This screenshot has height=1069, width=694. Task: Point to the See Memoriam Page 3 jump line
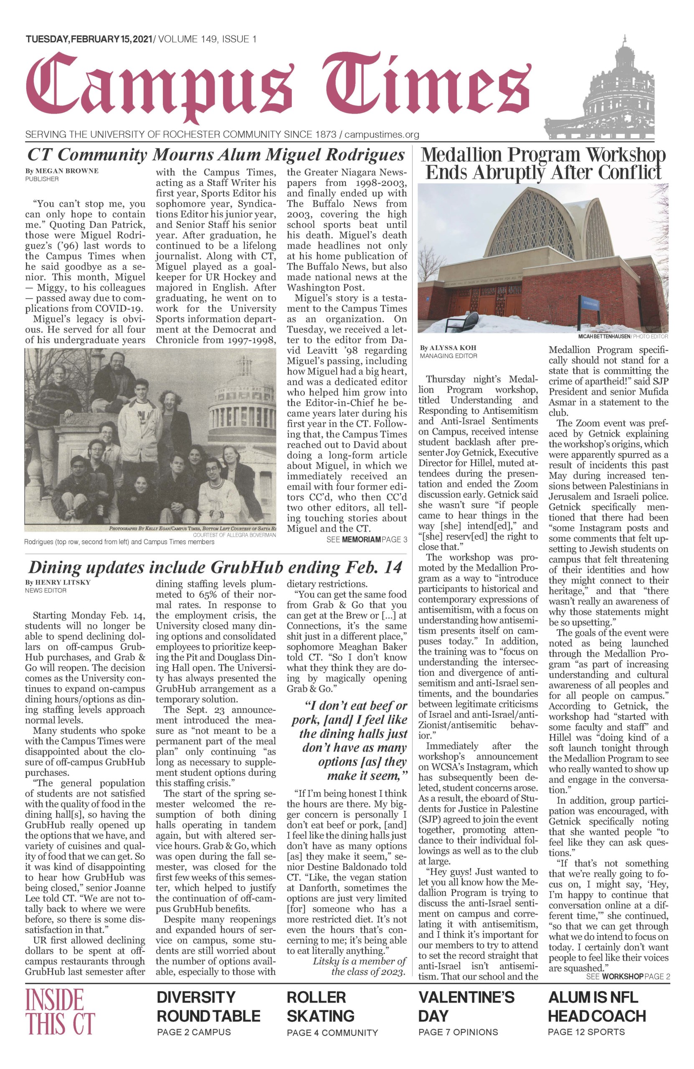tap(367, 540)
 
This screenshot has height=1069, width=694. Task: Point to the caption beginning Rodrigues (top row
tap(119, 542)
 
